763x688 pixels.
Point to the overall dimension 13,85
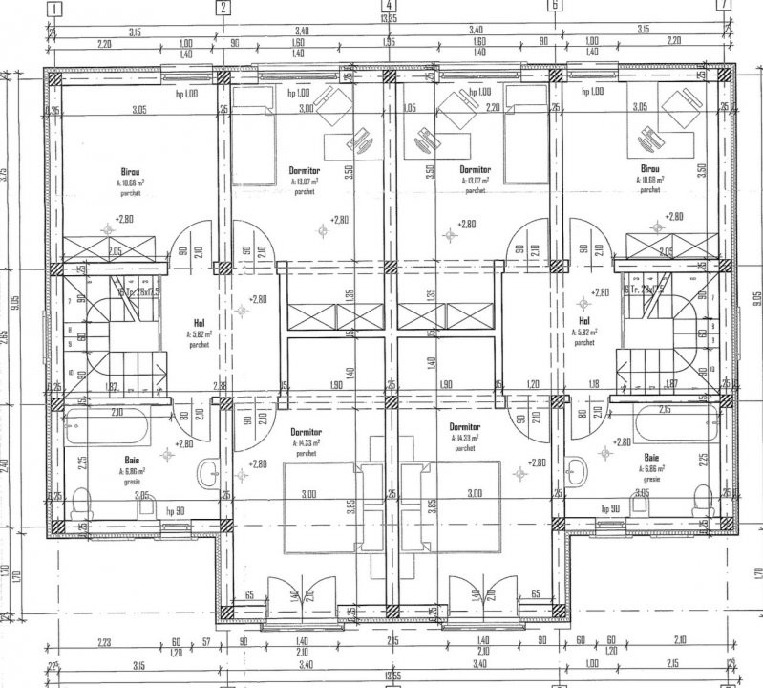(389, 19)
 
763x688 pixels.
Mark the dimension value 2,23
(105, 641)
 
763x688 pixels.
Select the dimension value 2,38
(221, 386)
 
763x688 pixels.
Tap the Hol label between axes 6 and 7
(583, 322)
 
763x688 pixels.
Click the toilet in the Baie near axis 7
(704, 496)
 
